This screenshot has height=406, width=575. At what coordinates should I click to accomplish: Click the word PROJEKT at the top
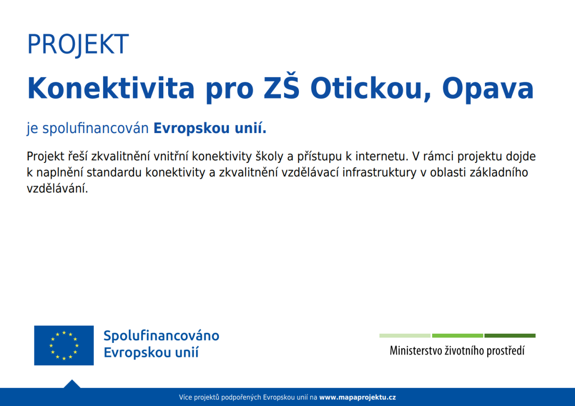(x=78, y=45)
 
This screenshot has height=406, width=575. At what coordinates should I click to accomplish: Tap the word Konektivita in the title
(x=111, y=88)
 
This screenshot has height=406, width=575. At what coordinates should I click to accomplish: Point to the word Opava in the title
(x=488, y=90)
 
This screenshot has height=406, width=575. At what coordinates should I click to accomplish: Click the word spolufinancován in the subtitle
(x=95, y=128)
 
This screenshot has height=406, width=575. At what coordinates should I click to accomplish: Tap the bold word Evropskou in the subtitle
(x=192, y=128)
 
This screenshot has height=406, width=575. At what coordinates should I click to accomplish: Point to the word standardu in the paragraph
(x=114, y=172)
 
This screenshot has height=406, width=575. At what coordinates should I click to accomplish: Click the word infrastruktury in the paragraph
(x=379, y=173)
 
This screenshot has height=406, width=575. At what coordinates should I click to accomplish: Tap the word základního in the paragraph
(x=499, y=172)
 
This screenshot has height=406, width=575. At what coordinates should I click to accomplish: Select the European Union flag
(x=64, y=345)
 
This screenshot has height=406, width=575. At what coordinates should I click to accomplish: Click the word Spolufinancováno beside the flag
(x=161, y=336)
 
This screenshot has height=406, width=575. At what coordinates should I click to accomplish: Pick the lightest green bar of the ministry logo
(x=405, y=336)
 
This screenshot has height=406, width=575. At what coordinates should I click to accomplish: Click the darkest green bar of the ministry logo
(x=510, y=336)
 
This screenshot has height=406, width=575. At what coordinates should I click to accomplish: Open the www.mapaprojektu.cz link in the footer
(x=357, y=397)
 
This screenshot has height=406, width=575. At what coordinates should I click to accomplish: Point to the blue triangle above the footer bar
(x=72, y=384)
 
